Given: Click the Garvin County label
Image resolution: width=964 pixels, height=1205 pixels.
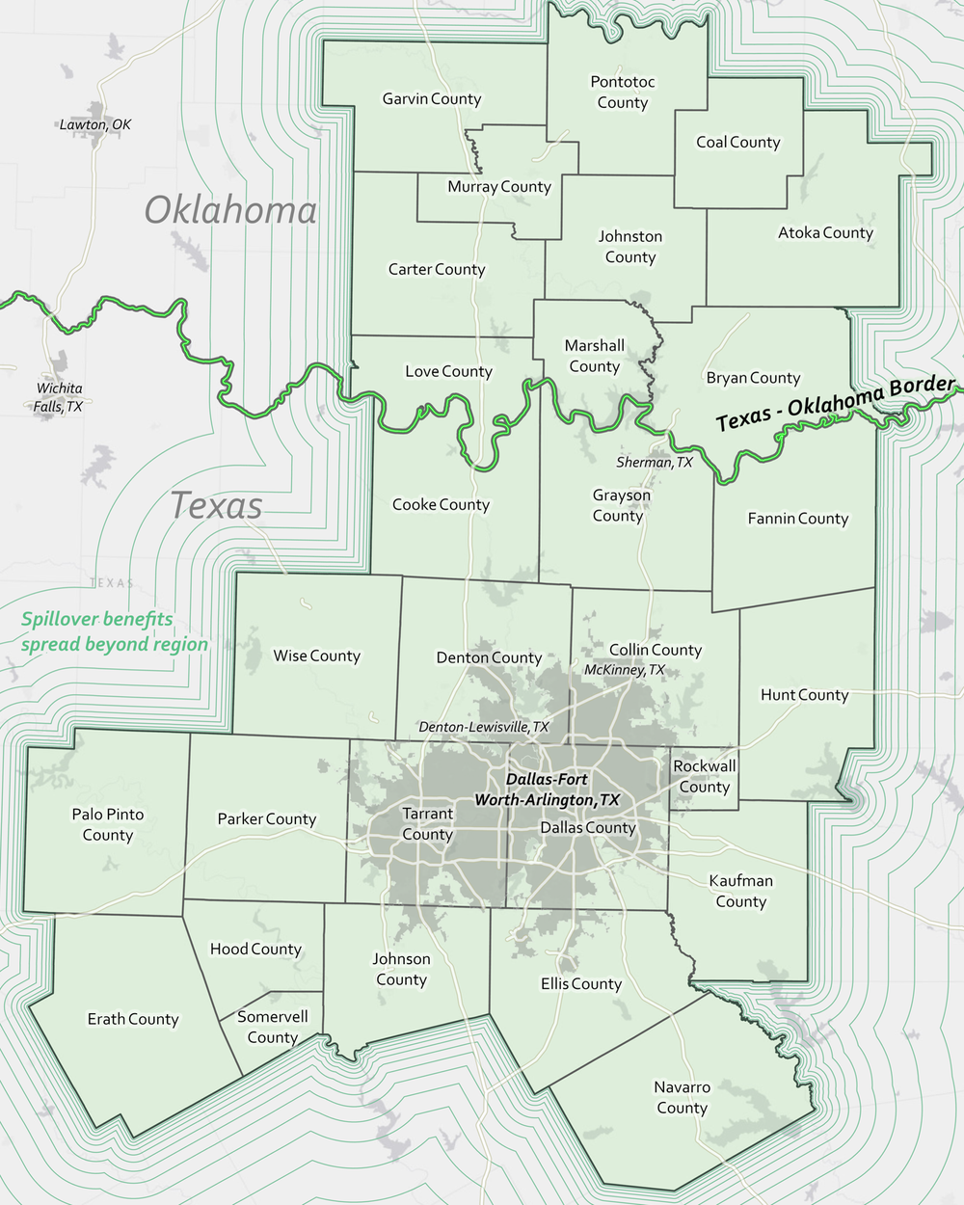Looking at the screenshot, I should coord(431,99).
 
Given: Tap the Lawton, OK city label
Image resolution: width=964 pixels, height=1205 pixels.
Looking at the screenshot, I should coord(94,124).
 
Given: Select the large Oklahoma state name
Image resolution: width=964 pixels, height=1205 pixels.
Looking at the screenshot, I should coord(230,210).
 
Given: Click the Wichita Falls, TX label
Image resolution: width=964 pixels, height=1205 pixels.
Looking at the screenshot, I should coord(60,397).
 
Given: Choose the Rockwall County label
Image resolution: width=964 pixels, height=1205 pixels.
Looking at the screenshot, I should coord(704,776).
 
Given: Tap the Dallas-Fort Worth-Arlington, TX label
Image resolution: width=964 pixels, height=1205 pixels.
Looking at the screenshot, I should coord(547,790).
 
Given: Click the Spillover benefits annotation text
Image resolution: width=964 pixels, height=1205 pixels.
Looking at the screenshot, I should coord(114,631).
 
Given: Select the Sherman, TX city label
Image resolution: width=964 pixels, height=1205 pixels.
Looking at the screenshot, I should coord(654,463).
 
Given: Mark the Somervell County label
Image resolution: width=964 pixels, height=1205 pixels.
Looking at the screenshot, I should coord(273,1027).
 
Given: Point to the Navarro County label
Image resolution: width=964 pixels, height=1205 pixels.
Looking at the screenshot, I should coord(682,1097).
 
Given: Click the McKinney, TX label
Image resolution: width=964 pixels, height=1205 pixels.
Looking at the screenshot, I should coord(624,670).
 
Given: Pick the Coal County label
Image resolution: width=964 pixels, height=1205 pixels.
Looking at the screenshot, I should coord(737,143).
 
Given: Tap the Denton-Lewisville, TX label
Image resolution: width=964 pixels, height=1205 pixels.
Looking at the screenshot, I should coord(483,727).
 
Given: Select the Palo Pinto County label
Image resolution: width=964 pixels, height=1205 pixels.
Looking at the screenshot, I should coord(108,824).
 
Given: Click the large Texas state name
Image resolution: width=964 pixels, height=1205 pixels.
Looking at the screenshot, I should coord(216,505).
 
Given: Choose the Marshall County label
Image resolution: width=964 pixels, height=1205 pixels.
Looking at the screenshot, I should coord(594,356).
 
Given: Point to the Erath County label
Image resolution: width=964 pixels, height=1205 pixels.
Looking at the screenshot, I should coord(133,1019).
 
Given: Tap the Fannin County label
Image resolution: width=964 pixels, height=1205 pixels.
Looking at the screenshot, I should coord(797,519).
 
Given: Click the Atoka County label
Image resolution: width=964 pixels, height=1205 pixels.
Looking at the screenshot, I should coord(825,232).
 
